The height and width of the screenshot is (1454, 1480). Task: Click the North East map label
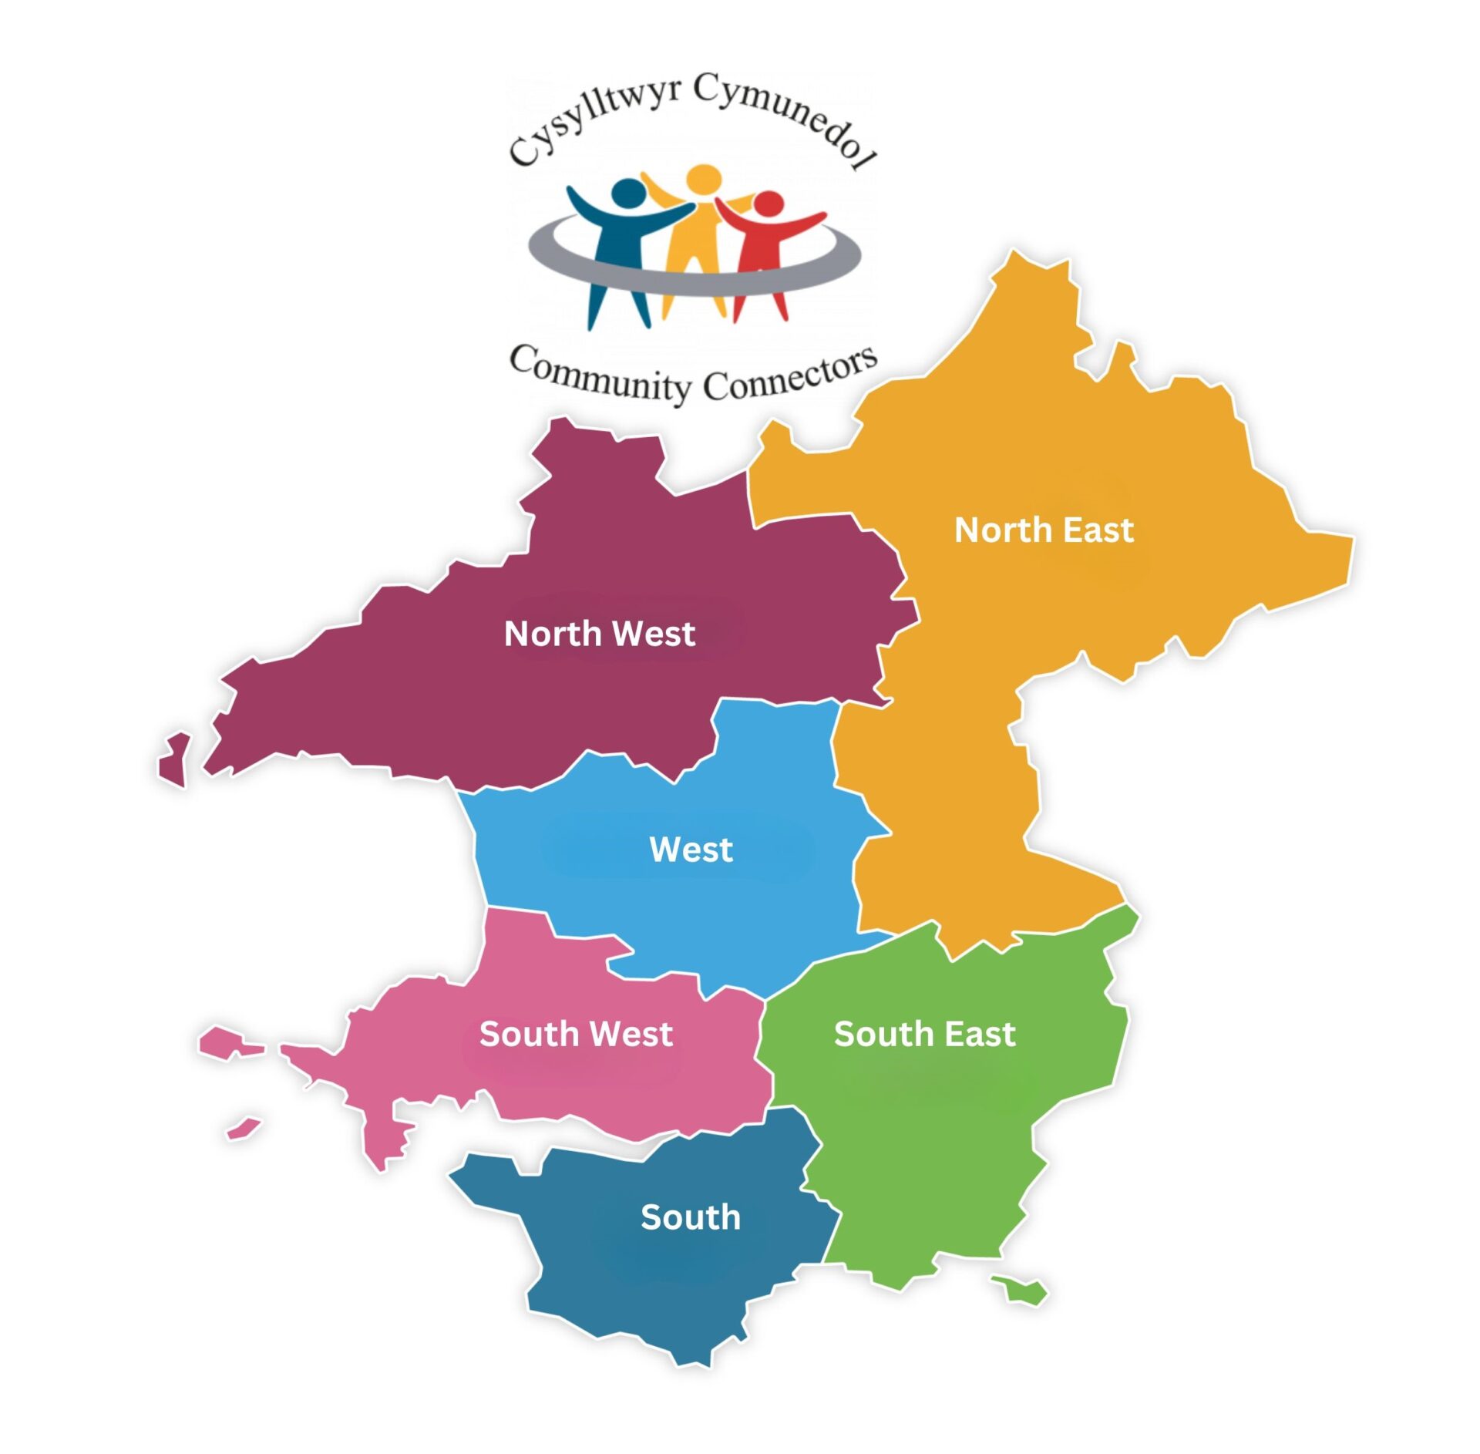1044,530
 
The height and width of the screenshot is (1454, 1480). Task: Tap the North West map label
599,634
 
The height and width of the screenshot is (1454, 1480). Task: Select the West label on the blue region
691,850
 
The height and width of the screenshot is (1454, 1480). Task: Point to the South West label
576,1034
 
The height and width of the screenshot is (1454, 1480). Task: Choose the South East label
924,1034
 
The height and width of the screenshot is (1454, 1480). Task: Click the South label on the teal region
690,1217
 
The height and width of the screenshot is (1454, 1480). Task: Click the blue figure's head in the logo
629,193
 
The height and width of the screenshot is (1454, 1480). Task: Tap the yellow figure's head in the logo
704,179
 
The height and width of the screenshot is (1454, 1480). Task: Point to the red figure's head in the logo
768,204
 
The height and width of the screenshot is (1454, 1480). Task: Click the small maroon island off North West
176,759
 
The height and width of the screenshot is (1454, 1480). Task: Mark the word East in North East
1098,530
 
